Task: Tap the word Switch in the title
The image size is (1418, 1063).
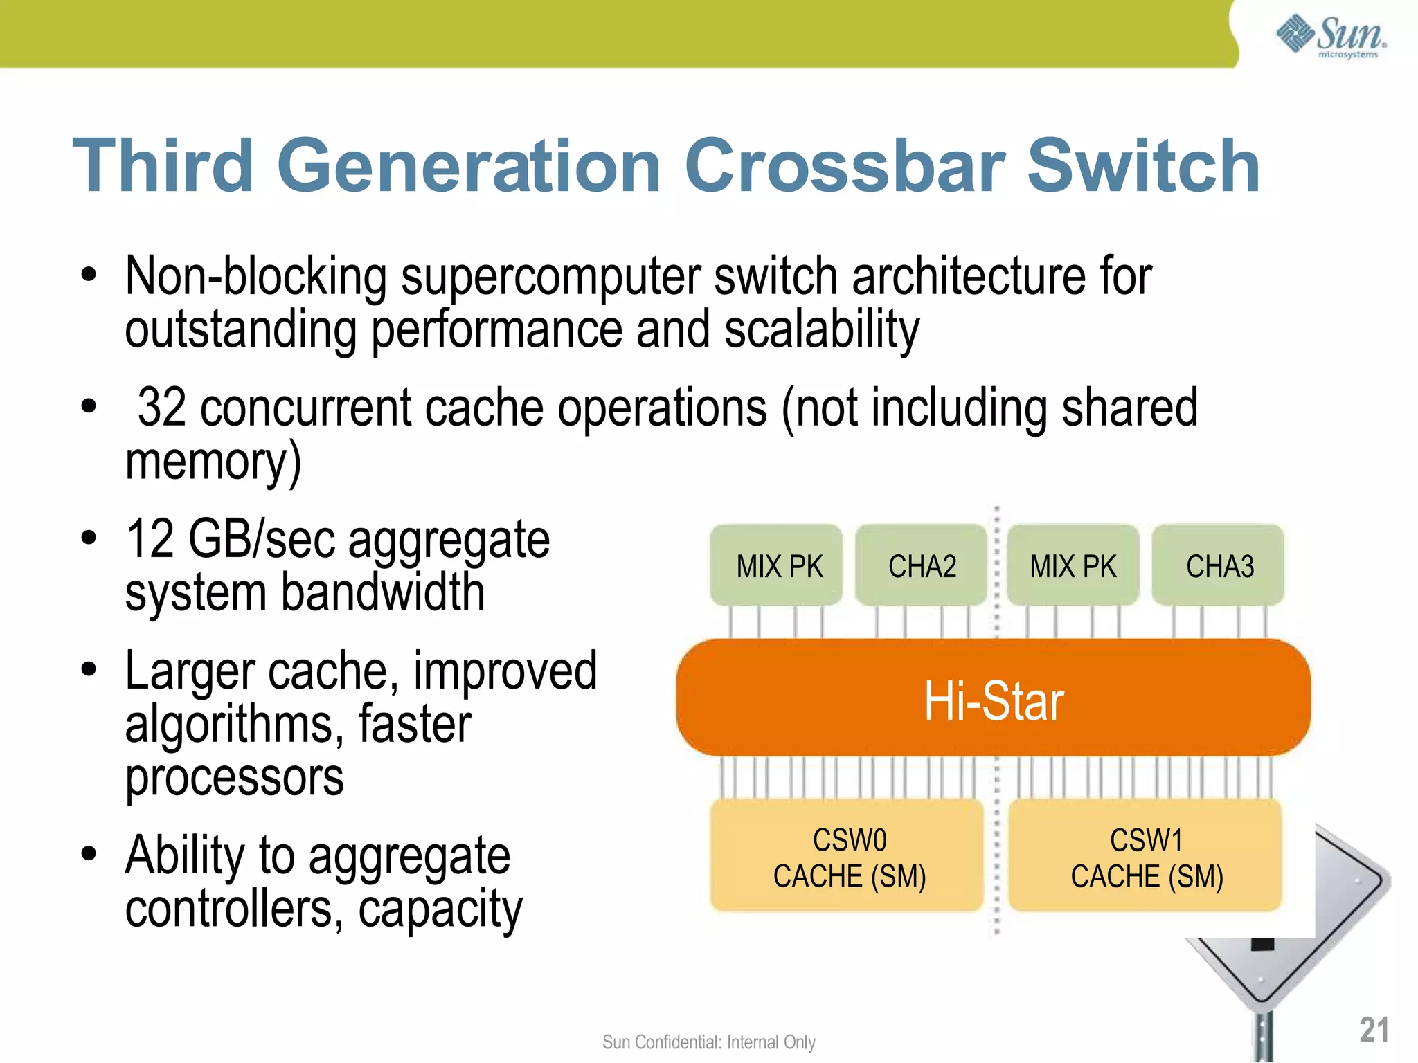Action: coord(1143,166)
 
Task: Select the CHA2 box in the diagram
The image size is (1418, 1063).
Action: coord(922,565)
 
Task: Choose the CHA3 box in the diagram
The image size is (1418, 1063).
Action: coord(1219,565)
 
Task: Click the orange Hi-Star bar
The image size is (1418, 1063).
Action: coord(994,699)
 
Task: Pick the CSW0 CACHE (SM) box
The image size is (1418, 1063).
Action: coord(848,857)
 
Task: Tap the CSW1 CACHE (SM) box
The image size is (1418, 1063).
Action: coord(1146,857)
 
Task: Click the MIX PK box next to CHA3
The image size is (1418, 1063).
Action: coord(1073,565)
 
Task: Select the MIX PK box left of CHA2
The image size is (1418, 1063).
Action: coord(778,565)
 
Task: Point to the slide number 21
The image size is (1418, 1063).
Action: coord(1374,1030)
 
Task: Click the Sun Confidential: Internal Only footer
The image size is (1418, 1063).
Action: coord(708,1042)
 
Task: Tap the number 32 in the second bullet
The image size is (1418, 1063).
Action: coord(162,408)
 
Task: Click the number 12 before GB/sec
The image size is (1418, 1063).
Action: coord(150,540)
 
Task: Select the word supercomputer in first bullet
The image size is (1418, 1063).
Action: coord(550,277)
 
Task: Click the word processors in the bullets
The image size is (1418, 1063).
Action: coord(234,778)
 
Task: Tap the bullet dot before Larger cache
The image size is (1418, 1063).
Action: coord(89,670)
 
